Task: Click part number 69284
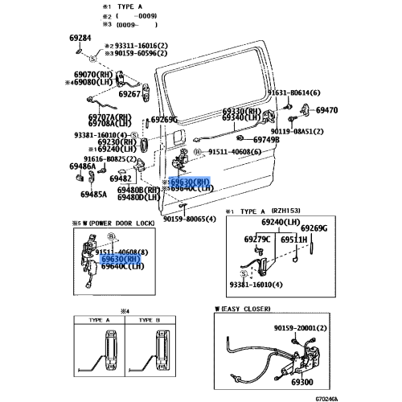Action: (80, 38)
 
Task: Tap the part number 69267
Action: (129, 94)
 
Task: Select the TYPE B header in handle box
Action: (150, 319)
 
